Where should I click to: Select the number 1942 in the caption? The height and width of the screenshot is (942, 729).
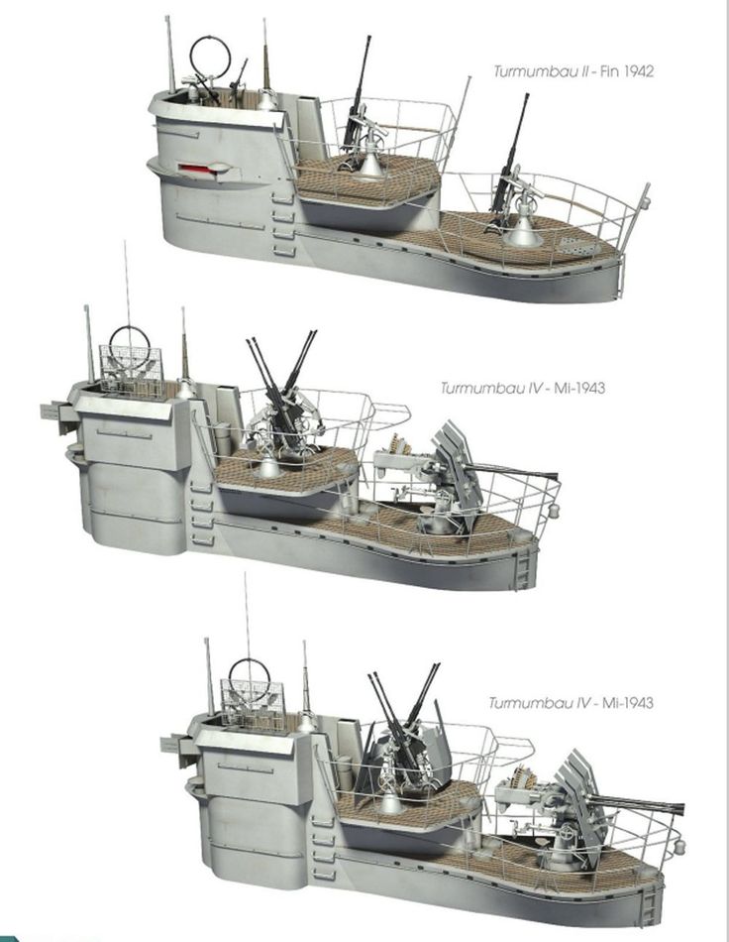pyautogui.click(x=639, y=71)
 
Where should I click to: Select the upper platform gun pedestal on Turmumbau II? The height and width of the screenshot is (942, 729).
pyautogui.click(x=370, y=161)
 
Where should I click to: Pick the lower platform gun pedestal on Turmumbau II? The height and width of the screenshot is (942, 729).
pyautogui.click(x=523, y=228)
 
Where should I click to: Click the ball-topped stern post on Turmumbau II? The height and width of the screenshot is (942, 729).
pyautogui.click(x=645, y=195)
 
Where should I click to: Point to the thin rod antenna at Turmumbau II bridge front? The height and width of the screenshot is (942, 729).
pyautogui.click(x=171, y=55)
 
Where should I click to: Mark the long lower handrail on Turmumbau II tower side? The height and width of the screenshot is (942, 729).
pyautogui.click(x=220, y=221)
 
